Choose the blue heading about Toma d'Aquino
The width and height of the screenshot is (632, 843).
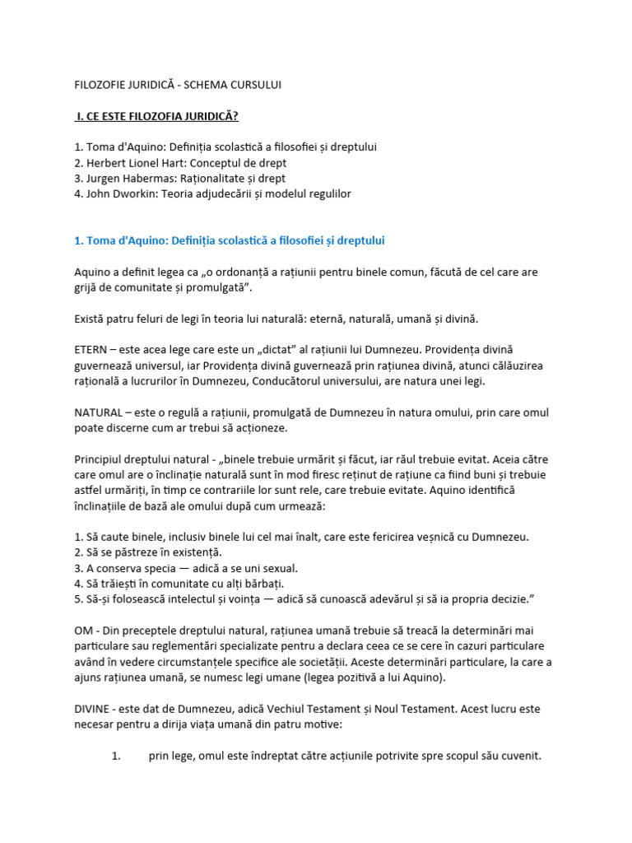pyautogui.click(x=230, y=240)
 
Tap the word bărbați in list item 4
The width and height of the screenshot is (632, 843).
pyautogui.click(x=263, y=584)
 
